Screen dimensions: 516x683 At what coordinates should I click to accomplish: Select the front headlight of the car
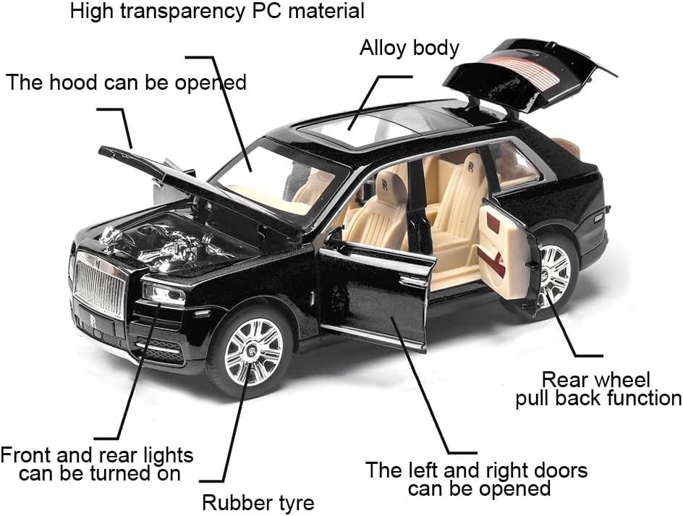[164, 293]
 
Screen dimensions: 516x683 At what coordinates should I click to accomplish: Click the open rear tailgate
[532, 72]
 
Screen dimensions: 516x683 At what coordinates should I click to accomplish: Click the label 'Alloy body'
[410, 48]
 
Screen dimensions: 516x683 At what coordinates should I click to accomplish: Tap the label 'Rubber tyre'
[258, 502]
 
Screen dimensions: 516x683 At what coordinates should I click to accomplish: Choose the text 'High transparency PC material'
[217, 11]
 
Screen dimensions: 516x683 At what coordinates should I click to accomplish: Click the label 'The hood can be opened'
[127, 83]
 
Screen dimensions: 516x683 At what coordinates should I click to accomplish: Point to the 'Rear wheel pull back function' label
[598, 389]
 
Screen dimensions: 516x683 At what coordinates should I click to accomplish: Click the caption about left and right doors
[476, 478]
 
